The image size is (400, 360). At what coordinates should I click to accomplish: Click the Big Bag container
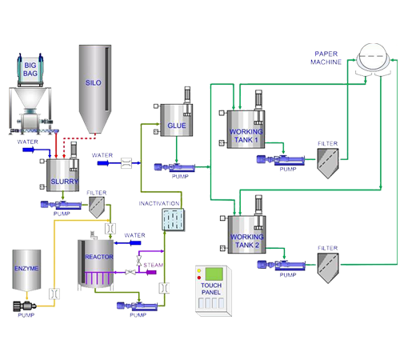(30, 70)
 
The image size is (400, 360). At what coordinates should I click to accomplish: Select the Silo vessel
(95, 89)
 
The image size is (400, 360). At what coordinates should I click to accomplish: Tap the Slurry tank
(62, 175)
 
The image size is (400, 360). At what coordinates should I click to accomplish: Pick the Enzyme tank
(26, 270)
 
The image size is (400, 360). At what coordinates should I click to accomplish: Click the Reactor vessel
(96, 263)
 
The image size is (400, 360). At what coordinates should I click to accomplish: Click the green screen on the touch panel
(214, 274)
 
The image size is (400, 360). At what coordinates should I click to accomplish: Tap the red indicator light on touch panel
(199, 278)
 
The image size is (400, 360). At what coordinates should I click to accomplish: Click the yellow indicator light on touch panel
(199, 271)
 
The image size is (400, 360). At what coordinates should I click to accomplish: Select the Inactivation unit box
(174, 219)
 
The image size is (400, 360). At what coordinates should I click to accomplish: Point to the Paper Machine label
(326, 58)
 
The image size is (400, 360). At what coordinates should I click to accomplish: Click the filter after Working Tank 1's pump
(328, 163)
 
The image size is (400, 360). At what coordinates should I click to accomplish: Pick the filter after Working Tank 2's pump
(328, 268)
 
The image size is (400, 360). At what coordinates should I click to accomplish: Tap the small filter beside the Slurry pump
(97, 207)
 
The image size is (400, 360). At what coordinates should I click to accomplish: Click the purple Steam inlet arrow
(151, 272)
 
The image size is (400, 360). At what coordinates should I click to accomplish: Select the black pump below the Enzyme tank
(25, 306)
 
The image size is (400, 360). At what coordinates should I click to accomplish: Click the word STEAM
(154, 265)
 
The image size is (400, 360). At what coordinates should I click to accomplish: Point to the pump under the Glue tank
(174, 167)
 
